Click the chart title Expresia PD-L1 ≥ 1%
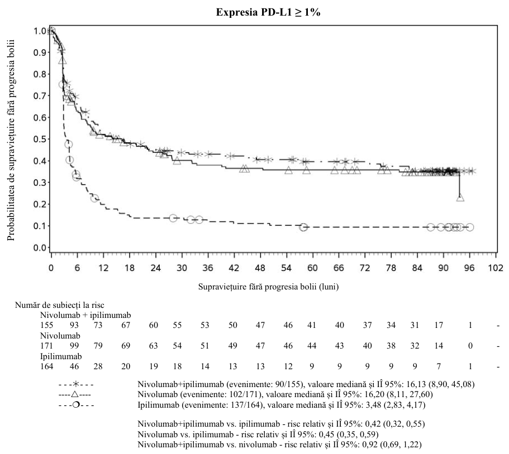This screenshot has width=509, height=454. click(x=268, y=12)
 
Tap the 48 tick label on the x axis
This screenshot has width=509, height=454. click(x=260, y=268)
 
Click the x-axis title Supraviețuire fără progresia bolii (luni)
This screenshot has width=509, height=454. click(x=268, y=287)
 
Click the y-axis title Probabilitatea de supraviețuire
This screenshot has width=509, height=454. click(x=11, y=140)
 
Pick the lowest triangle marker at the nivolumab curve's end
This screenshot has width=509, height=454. click(x=460, y=197)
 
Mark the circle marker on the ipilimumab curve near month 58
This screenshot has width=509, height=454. click(x=303, y=227)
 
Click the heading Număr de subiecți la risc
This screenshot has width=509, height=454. click(x=60, y=305)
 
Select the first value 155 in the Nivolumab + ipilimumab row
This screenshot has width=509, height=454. click(x=47, y=325)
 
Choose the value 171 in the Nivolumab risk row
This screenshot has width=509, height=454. click(x=47, y=346)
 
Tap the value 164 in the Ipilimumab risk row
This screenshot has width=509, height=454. click(x=47, y=366)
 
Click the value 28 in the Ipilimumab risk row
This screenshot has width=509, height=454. click(x=98, y=366)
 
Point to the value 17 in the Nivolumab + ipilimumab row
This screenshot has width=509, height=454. click(x=439, y=325)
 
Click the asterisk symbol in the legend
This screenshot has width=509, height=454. click(x=75, y=384)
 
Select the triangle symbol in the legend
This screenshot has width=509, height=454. click(x=75, y=394)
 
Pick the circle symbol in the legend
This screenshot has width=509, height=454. click(x=75, y=405)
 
